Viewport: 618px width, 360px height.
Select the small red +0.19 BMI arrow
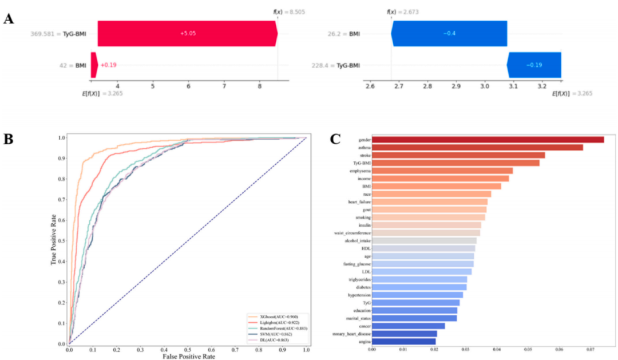point(94,65)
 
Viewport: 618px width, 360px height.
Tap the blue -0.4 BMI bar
point(449,34)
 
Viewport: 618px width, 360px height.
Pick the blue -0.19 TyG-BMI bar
point(534,65)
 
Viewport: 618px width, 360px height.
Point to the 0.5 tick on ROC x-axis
point(188,348)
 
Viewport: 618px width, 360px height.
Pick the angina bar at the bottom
point(403,341)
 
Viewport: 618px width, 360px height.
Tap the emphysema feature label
point(360,171)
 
